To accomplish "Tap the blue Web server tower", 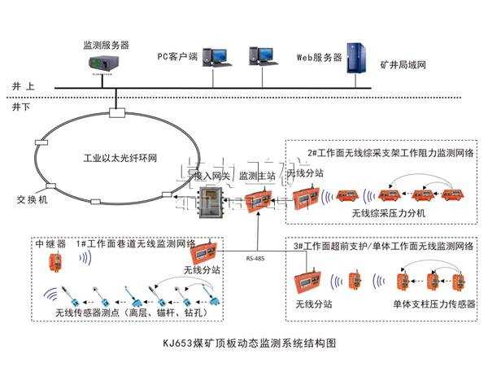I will click(355, 58).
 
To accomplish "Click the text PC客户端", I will click(176, 57).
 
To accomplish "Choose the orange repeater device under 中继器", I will click(54, 261).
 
